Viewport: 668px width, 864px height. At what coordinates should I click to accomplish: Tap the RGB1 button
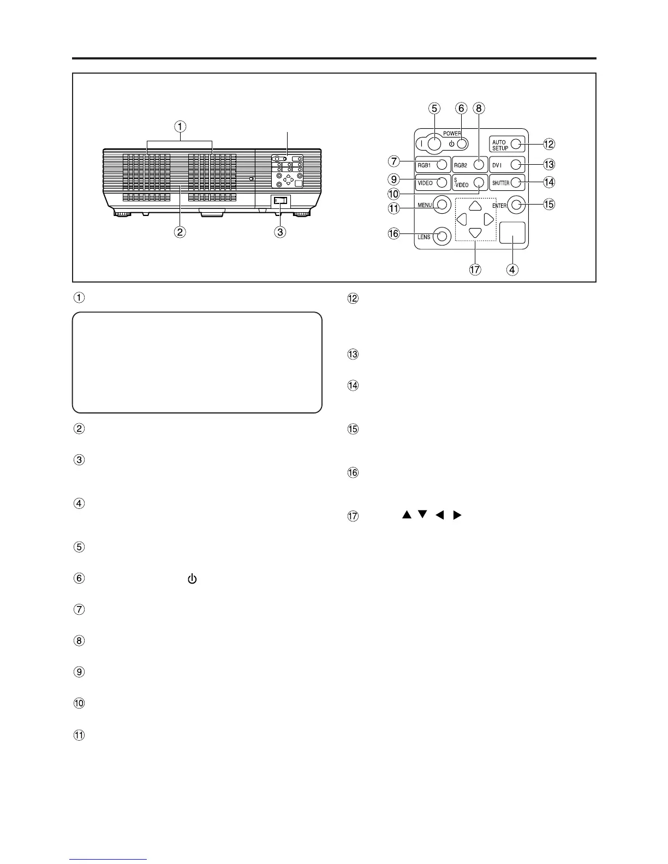click(442, 164)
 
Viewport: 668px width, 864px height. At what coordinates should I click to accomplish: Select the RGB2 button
click(479, 164)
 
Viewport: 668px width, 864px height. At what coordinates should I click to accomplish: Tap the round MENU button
click(442, 205)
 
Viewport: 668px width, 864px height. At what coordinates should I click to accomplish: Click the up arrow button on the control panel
click(475, 206)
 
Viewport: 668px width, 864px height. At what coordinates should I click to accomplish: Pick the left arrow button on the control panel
click(462, 220)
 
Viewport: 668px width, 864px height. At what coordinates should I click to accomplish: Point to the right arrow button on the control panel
click(489, 220)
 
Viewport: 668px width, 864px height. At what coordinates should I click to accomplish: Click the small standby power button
click(462, 144)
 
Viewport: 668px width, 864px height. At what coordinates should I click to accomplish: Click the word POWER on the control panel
click(452, 133)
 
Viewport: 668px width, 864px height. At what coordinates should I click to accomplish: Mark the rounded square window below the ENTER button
click(512, 232)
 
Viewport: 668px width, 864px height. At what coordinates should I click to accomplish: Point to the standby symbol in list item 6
click(192, 579)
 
